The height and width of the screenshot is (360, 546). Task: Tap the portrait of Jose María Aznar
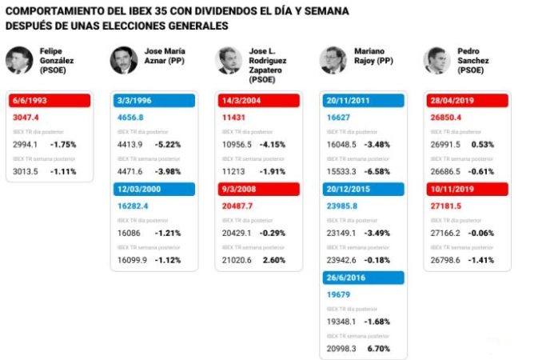(124, 60)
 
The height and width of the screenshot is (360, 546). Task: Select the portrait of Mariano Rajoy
(333, 60)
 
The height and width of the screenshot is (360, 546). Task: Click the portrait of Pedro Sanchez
(437, 60)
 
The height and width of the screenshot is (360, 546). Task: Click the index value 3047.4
(26, 116)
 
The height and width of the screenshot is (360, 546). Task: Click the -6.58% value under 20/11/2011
(378, 171)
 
